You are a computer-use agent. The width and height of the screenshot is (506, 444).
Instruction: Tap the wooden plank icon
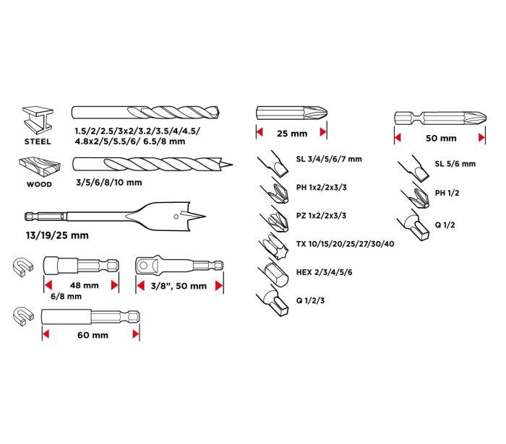(36, 168)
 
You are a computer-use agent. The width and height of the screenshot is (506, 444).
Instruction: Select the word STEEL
(37, 142)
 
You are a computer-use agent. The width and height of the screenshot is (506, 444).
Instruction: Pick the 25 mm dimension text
(291, 134)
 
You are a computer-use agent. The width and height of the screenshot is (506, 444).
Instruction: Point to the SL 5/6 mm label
(455, 164)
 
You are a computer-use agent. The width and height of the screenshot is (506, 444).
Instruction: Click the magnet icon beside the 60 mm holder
(23, 315)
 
